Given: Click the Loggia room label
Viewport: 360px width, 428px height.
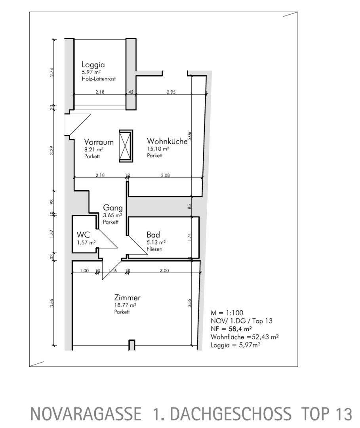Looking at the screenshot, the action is click(93, 65).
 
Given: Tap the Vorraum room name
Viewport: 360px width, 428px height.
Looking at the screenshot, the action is click(99, 142).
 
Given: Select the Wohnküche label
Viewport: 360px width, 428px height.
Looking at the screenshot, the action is click(167, 141).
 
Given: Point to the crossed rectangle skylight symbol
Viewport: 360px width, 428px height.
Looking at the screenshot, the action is click(126, 146).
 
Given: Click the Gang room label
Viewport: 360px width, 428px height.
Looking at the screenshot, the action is click(112, 208).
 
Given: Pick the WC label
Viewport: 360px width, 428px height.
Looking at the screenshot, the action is click(83, 235).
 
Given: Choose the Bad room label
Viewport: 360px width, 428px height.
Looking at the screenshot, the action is click(153, 235).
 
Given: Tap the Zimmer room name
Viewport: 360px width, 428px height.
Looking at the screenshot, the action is click(128, 298).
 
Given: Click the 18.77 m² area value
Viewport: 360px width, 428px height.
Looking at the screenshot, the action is click(125, 305).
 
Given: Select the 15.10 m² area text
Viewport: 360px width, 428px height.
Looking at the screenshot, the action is click(158, 149).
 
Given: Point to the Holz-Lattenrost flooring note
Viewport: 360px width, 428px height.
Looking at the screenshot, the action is click(99, 79).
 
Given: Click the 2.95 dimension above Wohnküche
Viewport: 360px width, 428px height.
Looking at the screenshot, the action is click(171, 92).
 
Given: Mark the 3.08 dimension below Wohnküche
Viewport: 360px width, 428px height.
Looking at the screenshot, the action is click(165, 175).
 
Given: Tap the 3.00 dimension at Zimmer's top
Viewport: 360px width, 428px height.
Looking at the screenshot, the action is click(164, 271).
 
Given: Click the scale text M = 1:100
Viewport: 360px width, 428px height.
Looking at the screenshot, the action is click(227, 313).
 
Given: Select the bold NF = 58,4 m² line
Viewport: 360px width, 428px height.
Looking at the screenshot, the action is click(231, 329).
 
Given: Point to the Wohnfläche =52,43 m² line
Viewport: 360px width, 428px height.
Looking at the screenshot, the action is click(245, 337).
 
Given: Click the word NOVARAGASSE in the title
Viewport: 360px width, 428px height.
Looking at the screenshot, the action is click(86, 414).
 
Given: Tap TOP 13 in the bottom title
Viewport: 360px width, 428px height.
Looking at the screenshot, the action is click(326, 414).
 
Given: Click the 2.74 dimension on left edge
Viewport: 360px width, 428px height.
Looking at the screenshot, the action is click(52, 72).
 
